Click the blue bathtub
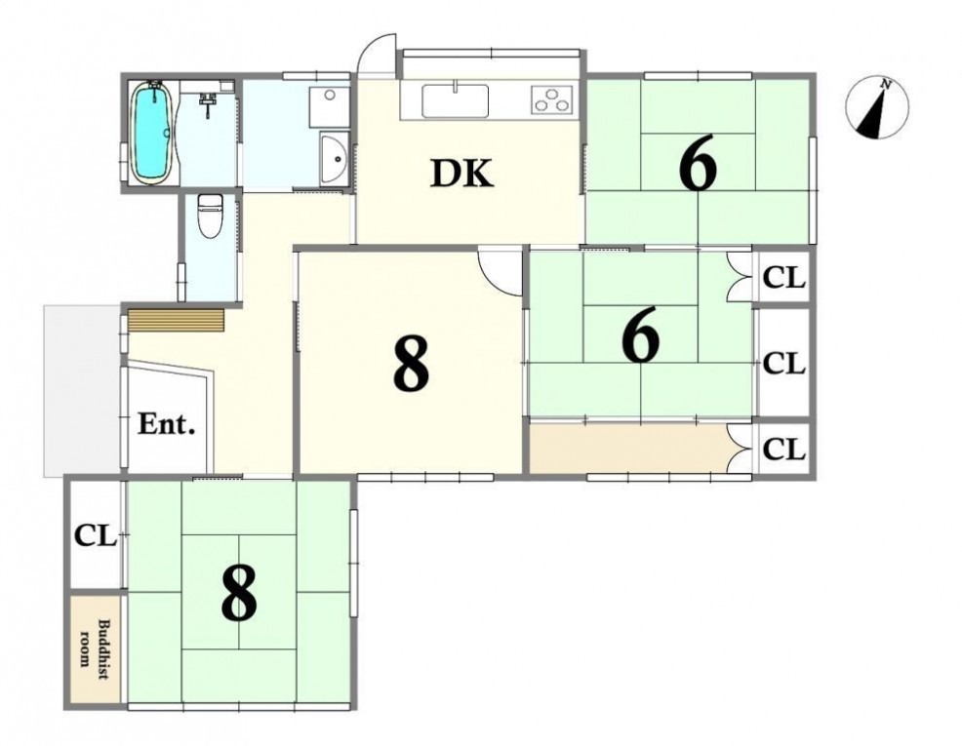(151, 132)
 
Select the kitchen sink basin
(456, 101)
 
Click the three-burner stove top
(552, 99)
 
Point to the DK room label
(461, 174)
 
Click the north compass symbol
(877, 108)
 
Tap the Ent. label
(166, 423)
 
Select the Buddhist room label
(95, 649)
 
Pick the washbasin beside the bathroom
(335, 157)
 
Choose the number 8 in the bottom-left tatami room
(239, 592)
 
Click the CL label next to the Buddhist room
(95, 536)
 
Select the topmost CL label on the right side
(783, 278)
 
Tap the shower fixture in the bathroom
(208, 103)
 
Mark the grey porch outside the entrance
(82, 390)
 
